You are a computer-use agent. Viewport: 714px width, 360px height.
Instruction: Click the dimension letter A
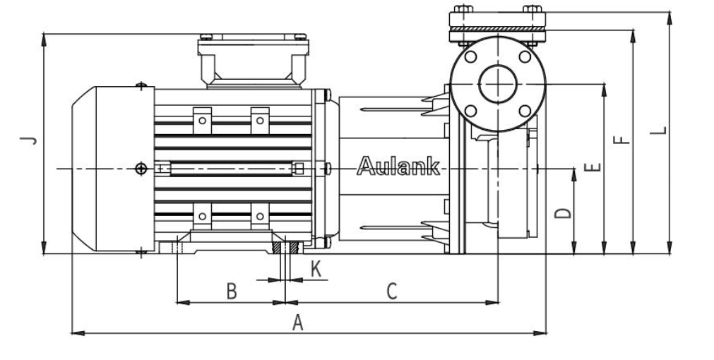pyautogui.click(x=298, y=323)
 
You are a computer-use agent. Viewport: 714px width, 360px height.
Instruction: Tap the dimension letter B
pyautogui.click(x=231, y=290)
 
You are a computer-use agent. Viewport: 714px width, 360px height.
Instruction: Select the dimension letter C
pyautogui.click(x=393, y=290)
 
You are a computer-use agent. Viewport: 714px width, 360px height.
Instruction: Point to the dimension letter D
pyautogui.click(x=563, y=212)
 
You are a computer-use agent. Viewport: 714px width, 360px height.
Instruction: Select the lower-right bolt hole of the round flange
pyautogui.click(x=524, y=110)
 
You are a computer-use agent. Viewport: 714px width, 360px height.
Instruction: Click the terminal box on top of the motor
pyautogui.click(x=253, y=61)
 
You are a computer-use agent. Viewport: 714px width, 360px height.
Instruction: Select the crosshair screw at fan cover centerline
pyautogui.click(x=141, y=168)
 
